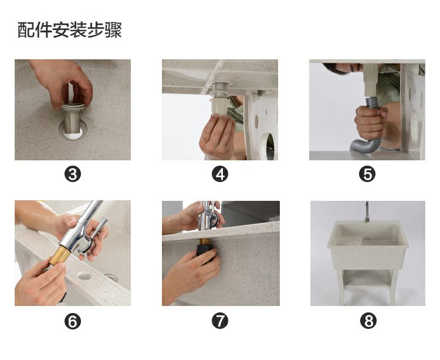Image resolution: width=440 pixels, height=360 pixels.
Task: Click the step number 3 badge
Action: (x=73, y=174)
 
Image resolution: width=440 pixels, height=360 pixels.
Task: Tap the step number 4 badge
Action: (x=220, y=174)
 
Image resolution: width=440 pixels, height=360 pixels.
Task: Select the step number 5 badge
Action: (x=367, y=174)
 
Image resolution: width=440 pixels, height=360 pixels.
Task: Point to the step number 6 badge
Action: (x=73, y=321)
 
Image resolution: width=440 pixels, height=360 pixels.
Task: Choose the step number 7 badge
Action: (x=220, y=321)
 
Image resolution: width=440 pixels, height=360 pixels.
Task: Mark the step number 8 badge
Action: (x=368, y=321)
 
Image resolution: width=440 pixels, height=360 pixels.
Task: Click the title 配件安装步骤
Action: (x=70, y=30)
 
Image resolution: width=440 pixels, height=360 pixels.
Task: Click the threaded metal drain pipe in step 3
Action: (x=73, y=119)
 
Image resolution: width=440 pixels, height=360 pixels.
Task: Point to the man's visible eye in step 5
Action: (x=358, y=67)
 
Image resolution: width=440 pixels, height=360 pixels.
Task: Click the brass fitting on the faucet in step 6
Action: (x=60, y=255)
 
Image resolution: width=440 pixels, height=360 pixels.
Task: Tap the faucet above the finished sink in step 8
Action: (x=367, y=211)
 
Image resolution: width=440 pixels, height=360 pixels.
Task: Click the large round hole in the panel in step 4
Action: (x=268, y=146)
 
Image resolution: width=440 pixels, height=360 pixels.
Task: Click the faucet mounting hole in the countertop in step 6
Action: (x=84, y=276)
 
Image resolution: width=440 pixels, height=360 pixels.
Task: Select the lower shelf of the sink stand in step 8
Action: (x=367, y=278)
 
